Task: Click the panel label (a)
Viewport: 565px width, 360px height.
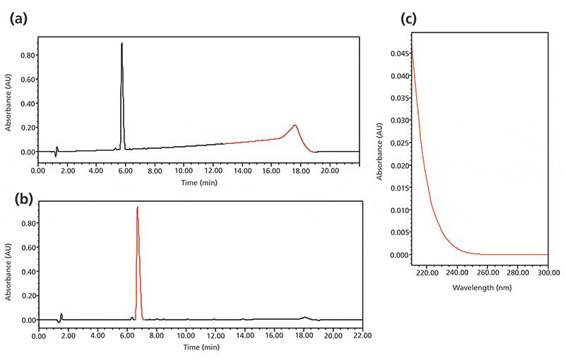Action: pos(18,20)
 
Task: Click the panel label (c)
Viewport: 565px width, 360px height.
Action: pos(411,20)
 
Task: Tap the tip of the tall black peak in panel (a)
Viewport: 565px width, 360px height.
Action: pos(121,44)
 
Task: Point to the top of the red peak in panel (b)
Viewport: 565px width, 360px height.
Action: pos(137,208)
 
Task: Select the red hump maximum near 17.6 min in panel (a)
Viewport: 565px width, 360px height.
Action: pos(295,126)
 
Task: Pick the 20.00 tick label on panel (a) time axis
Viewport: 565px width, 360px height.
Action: pos(331,170)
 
